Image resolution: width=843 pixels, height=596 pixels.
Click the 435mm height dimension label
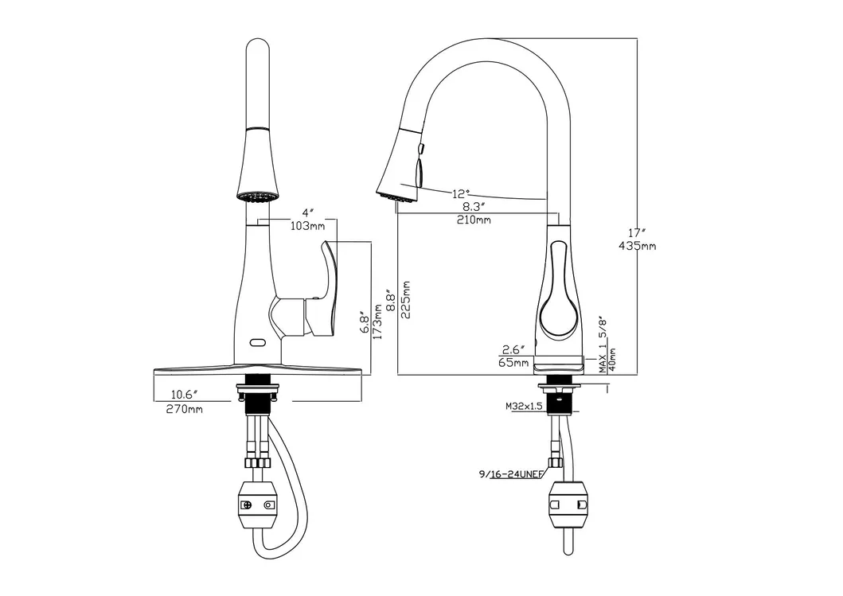tap(637, 246)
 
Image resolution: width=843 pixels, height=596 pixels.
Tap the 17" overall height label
tap(634, 232)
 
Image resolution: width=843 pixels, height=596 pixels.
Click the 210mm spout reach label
tap(474, 220)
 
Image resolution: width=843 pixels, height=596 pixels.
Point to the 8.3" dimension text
tap(474, 206)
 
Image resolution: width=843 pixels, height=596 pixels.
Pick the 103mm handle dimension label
tap(306, 227)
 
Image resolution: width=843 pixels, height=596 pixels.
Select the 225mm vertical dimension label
tap(407, 300)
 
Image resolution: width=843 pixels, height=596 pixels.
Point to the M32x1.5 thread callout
tap(524, 406)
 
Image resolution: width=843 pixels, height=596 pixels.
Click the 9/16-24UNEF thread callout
tap(510, 474)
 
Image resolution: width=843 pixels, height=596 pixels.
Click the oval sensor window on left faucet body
tap(257, 343)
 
